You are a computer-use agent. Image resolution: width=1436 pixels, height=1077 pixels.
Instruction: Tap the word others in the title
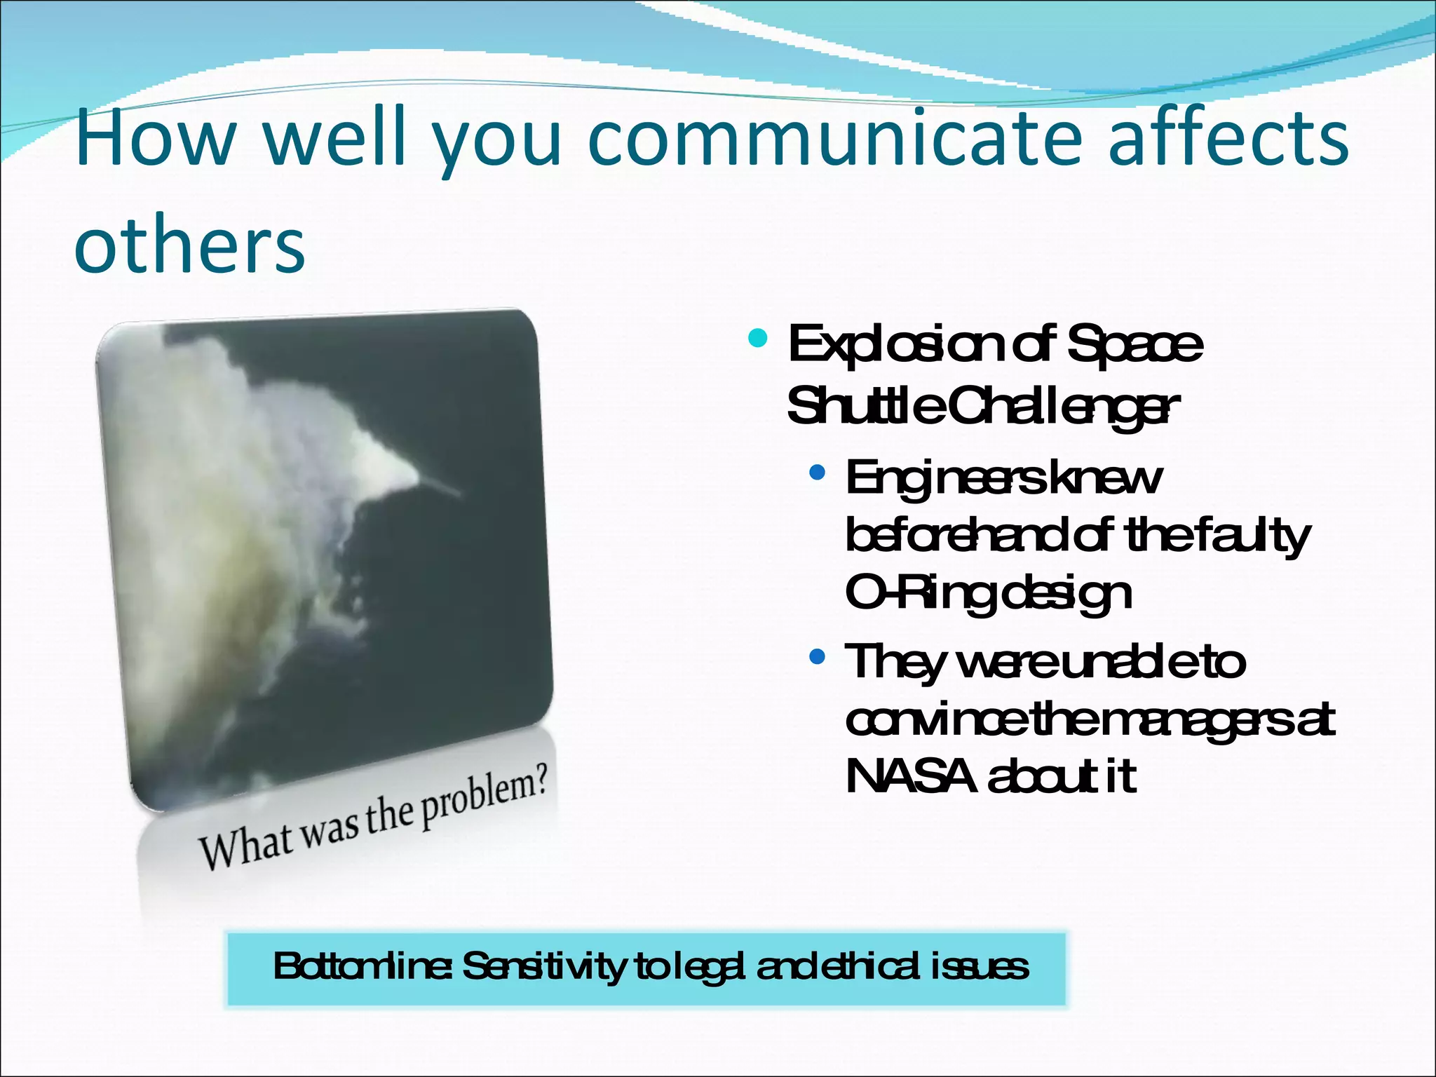click(x=189, y=244)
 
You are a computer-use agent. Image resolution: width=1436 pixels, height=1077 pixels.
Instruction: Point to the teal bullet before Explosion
click(x=757, y=339)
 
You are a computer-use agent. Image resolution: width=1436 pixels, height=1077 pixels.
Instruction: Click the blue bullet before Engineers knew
click(x=816, y=473)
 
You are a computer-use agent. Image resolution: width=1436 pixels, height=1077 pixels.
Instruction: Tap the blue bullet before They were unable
click(x=816, y=658)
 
